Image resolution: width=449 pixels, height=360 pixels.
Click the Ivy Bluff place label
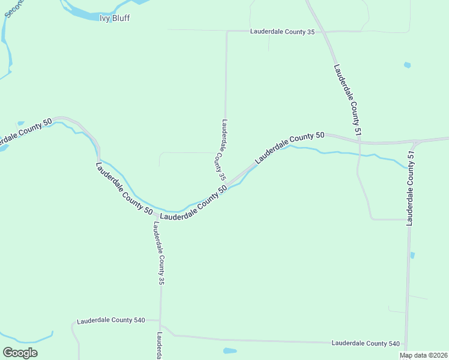[114, 18]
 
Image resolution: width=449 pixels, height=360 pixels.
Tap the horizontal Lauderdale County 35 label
[282, 31]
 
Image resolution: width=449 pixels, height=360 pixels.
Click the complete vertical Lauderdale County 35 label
[158, 253]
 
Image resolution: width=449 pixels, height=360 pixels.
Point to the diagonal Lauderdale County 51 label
[348, 100]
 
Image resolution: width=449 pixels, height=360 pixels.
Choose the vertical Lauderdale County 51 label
[411, 188]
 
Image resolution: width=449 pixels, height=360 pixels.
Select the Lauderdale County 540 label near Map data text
[366, 343]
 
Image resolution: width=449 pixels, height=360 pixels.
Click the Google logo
[20, 353]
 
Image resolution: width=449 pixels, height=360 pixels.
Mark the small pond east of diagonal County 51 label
[408, 65]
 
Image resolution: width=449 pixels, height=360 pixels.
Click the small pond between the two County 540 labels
[229, 350]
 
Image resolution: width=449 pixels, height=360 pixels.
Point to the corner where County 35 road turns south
[227, 31]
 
